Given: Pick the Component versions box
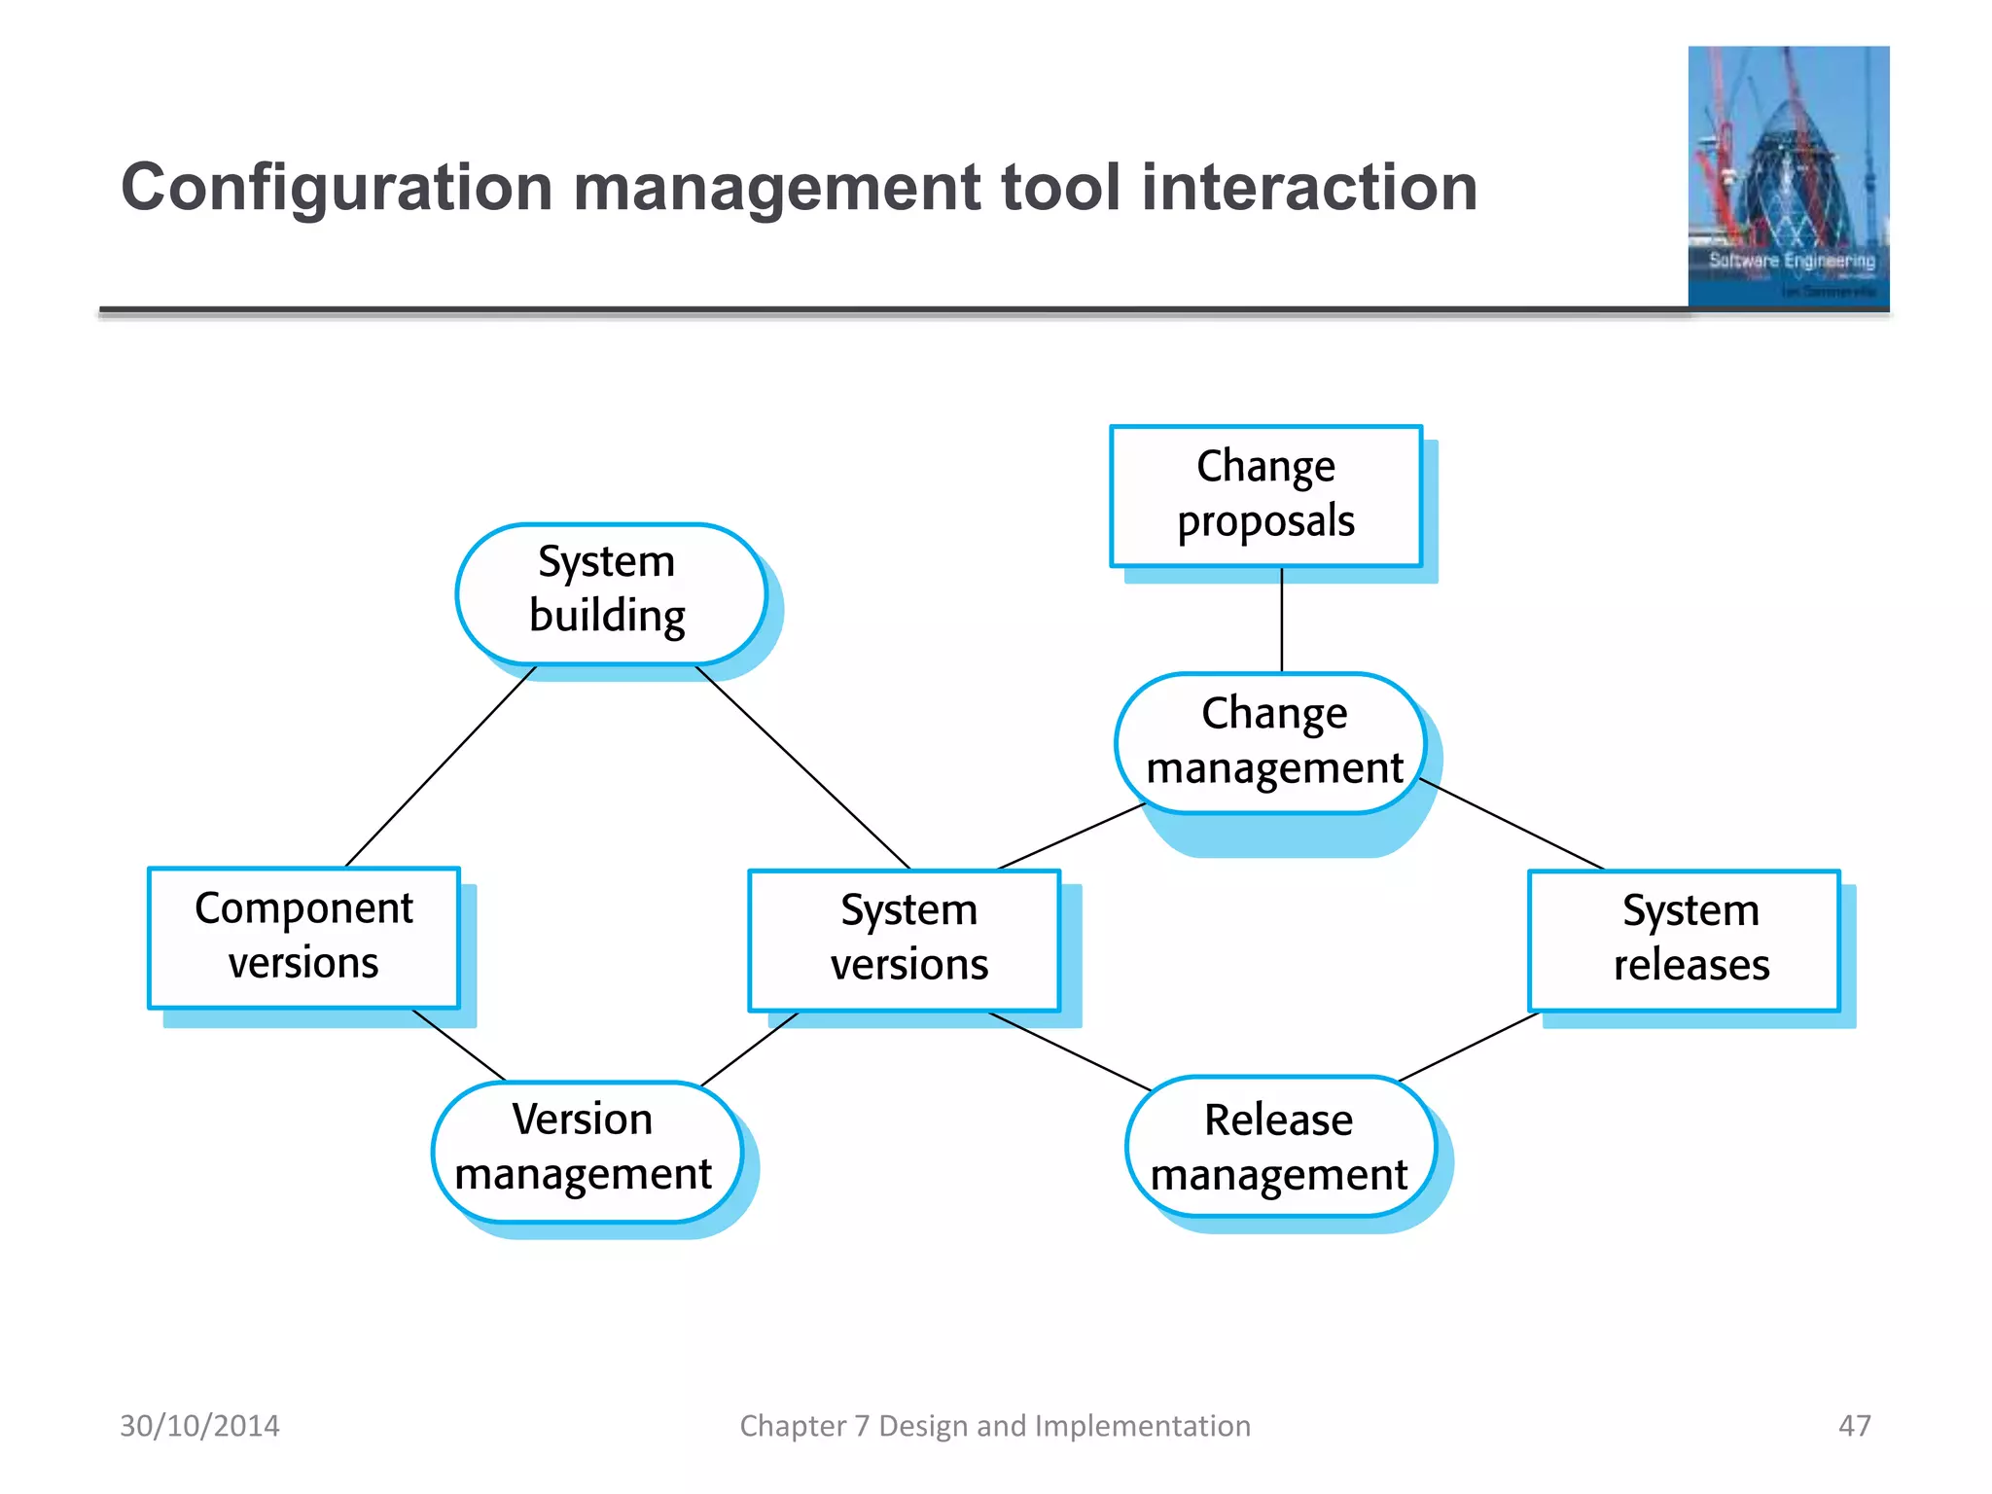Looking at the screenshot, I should pyautogui.click(x=303, y=937).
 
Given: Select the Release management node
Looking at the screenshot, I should pyautogui.click(x=1280, y=1146).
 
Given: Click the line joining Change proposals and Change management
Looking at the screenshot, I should pyautogui.click(x=1282, y=620).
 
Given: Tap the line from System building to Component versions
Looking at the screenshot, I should pyautogui.click(x=440, y=766).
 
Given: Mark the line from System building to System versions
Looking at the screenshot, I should pyautogui.click(x=803, y=767).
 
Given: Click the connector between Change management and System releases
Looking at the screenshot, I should pyautogui.click(x=1512, y=823).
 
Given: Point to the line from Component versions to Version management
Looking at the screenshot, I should pyautogui.click(x=458, y=1045).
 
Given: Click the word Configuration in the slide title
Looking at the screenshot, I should pyautogui.click(x=336, y=187).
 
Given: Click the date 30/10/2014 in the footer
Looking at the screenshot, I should pyautogui.click(x=199, y=1425).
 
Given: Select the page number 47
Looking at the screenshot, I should pyautogui.click(x=1854, y=1425).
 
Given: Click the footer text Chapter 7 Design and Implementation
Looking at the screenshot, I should pyautogui.click(x=995, y=1425).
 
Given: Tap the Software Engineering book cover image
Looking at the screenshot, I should pyautogui.click(x=1788, y=177).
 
